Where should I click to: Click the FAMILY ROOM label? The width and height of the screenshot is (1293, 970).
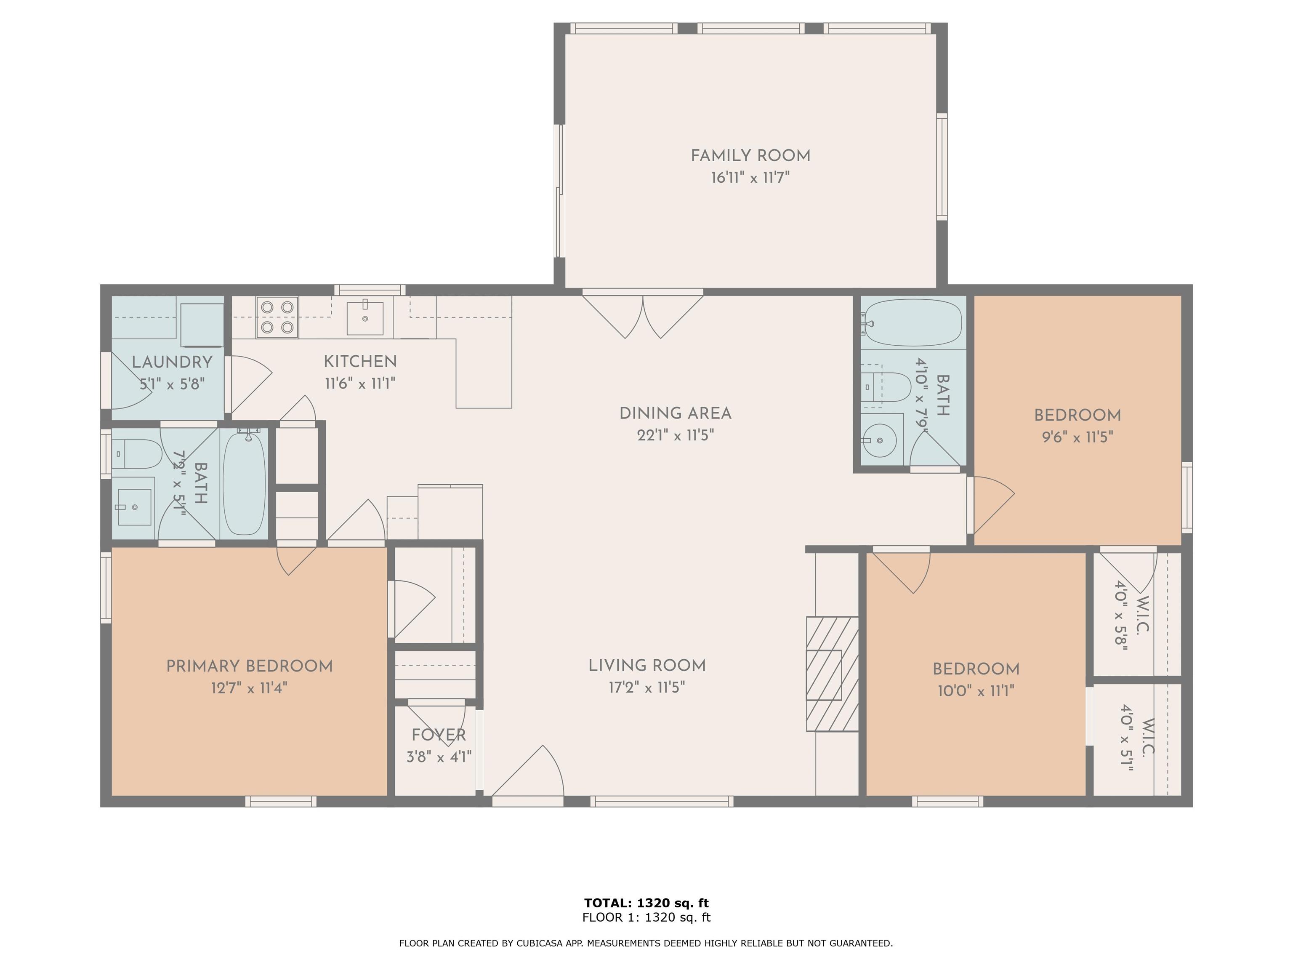tap(750, 155)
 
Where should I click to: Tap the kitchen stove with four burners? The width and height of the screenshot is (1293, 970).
tap(277, 317)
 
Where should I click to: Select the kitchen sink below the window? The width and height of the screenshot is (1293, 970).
tap(365, 318)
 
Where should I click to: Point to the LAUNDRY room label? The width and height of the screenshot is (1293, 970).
tap(172, 362)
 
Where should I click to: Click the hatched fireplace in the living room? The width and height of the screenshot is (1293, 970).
tap(833, 674)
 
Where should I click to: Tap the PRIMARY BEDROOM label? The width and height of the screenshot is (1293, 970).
tap(250, 666)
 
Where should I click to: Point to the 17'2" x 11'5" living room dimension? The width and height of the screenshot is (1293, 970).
tap(646, 687)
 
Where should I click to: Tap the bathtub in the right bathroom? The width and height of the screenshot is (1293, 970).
tap(913, 323)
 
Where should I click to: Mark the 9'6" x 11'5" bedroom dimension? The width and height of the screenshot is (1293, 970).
tap(1077, 437)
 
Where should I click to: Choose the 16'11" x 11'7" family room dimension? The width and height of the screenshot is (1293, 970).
tap(750, 177)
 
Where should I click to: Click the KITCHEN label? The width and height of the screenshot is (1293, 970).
tap(360, 361)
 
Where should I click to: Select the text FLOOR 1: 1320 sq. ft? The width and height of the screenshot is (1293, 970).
tap(646, 917)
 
